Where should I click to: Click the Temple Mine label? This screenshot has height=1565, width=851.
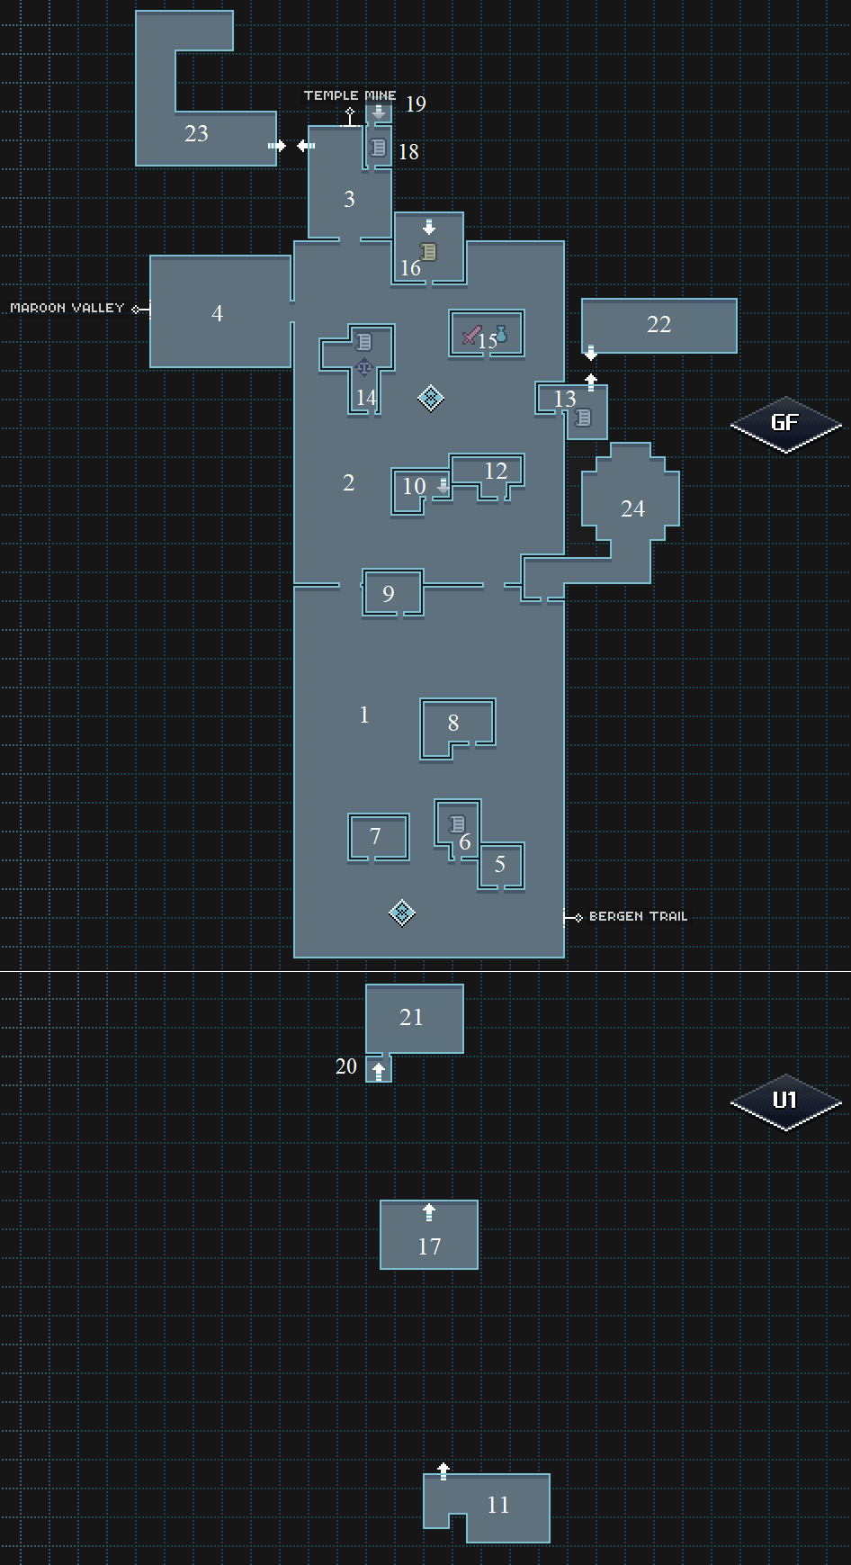coord(350,95)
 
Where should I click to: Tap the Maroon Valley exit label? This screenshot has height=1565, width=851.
coord(67,308)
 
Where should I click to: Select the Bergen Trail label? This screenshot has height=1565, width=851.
coord(638,916)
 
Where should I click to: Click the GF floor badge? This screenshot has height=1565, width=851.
coord(785,424)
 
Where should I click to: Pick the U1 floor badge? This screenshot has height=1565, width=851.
coord(785,1101)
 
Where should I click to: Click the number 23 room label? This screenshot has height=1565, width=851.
coord(196,133)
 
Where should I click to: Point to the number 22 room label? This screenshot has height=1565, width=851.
coord(658,324)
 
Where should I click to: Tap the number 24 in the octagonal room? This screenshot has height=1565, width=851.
coord(632,508)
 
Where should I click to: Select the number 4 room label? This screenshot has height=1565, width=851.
coord(217,313)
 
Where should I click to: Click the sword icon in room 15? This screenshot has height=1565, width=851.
coord(471,335)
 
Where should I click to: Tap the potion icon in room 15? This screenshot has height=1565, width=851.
coord(501,334)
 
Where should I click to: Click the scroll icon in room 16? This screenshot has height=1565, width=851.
coord(429,251)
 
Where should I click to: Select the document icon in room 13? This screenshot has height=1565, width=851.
coord(583,418)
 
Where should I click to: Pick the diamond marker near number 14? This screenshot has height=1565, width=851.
coord(430,398)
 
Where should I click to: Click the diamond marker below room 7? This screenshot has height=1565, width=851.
coord(401,913)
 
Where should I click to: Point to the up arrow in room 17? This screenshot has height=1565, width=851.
coord(429,1212)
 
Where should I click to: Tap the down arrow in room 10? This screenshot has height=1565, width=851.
coord(443,486)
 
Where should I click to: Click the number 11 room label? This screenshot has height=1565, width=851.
coord(497,1505)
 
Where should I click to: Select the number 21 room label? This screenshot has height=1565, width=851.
coord(411,1017)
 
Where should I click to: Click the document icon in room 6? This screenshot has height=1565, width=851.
coord(457,823)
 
